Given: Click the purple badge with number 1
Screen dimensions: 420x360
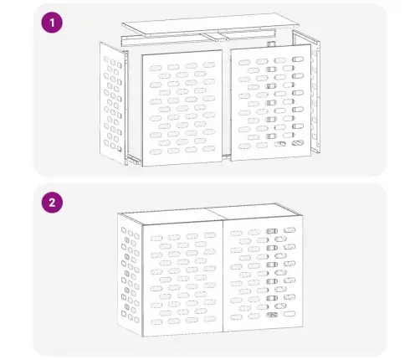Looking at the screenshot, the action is pos(52,23).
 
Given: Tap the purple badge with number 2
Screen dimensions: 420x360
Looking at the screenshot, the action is pos(52,203).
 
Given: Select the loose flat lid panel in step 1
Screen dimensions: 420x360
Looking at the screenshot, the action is pos(211,23).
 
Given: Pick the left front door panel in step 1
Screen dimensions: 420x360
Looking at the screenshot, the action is pos(182,108).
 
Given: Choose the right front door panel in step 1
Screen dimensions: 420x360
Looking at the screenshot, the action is pos(271,102).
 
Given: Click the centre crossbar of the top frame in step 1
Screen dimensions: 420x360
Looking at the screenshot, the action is pos(211,38).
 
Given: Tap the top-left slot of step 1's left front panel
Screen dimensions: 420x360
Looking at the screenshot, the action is pos(156,68).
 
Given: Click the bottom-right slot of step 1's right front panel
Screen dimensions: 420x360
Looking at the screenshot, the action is pos(297,143).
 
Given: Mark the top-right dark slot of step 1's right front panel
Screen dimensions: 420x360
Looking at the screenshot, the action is pos(298,59).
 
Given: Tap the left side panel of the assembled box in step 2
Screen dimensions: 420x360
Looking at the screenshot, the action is pos(130,275).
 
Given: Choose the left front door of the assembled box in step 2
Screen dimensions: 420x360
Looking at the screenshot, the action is pos(182,279).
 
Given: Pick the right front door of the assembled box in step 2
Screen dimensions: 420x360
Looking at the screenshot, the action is pos(263,274).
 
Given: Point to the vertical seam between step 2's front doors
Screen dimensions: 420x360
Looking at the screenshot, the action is pos(223,277).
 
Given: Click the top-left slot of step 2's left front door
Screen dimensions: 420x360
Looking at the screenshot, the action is pos(156,239).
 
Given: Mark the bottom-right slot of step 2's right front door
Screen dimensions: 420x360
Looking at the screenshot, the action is pos(289,314).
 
